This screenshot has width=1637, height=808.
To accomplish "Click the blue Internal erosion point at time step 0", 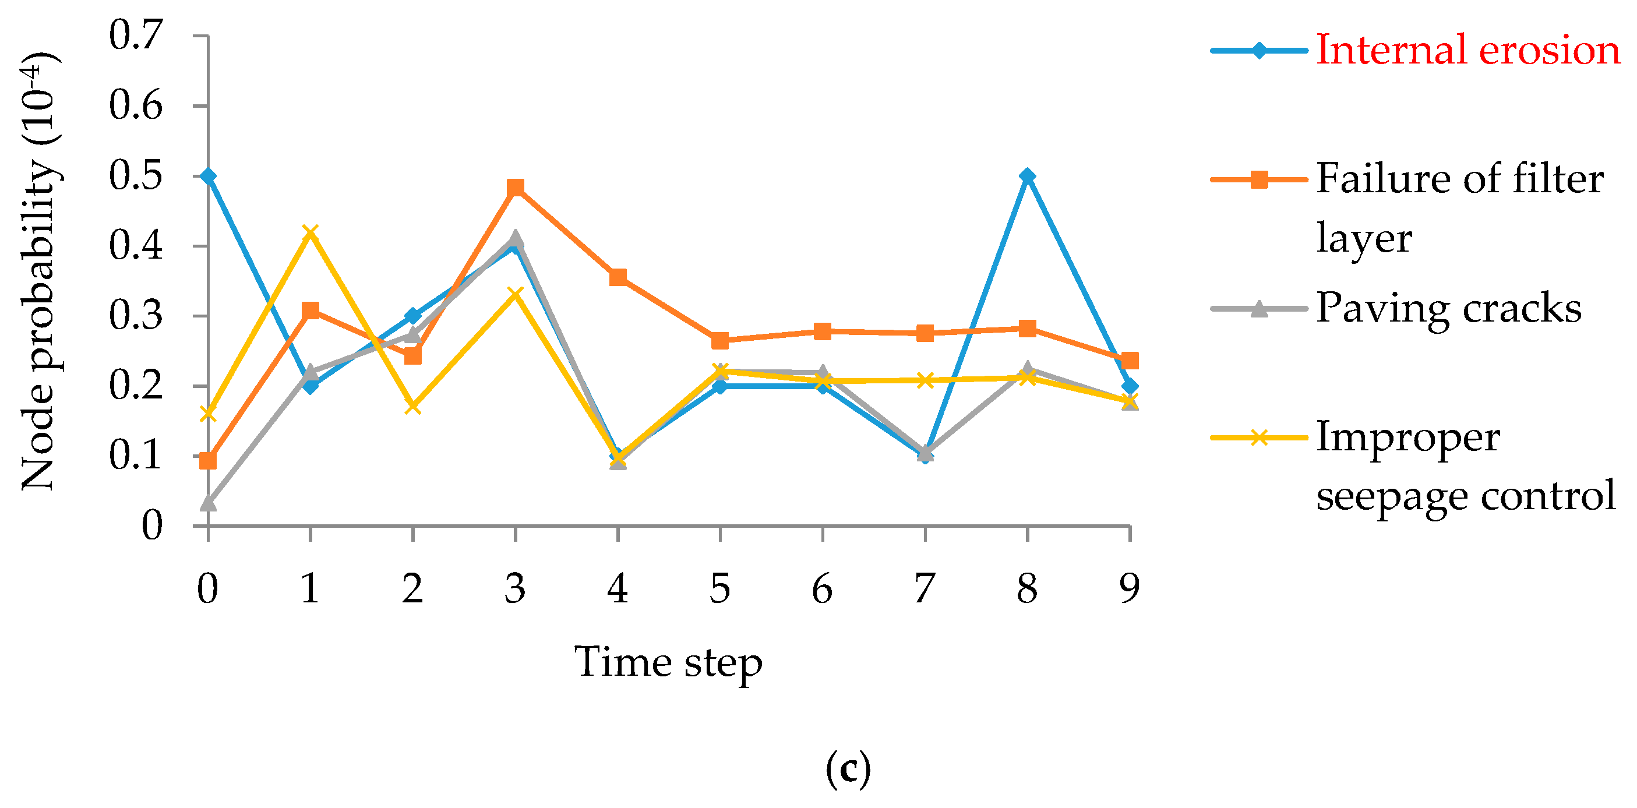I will [208, 176].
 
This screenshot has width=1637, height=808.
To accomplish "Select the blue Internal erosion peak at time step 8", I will [1028, 176].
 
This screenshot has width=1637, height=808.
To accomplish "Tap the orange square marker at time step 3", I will [516, 188].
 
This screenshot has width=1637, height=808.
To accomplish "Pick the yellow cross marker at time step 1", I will [310, 232].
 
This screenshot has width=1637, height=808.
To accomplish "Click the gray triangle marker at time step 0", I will [208, 503].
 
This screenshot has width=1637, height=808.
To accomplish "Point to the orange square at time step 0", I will [208, 461].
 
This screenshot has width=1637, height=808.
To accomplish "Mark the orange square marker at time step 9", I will [1129, 361].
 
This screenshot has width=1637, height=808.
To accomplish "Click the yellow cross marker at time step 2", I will [413, 405].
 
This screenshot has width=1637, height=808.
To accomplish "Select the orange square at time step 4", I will [618, 277].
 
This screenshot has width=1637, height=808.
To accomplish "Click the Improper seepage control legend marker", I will [1259, 437].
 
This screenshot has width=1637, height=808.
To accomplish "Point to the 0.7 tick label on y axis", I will [136, 35].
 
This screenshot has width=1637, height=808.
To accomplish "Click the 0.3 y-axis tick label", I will [136, 316].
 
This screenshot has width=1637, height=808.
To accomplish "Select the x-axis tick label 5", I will [720, 589].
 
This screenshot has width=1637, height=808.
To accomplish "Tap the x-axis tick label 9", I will [1129, 589].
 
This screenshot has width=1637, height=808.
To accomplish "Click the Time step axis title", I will [668, 662].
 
